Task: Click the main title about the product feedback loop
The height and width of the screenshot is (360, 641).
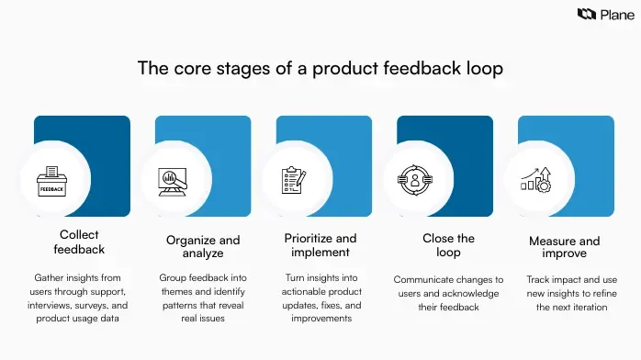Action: point(320,68)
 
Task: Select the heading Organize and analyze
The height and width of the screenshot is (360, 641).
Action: point(202,246)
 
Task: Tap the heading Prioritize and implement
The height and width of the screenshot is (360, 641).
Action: point(320,246)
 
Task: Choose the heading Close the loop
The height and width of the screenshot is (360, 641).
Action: point(448,244)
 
